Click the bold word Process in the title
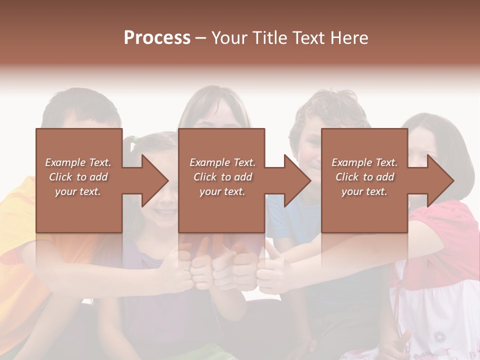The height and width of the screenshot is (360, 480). point(157,38)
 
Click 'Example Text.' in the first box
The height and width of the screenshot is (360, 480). point(78,162)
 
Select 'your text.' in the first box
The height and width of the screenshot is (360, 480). point(78,191)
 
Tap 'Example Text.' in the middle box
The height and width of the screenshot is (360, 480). point(222,162)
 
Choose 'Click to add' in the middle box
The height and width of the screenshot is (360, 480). point(222,177)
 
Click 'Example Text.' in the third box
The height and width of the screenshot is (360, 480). point(364,162)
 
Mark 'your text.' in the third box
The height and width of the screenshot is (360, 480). point(364,191)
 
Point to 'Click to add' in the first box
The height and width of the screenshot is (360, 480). point(78,177)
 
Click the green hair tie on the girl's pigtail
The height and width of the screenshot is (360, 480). point(133,145)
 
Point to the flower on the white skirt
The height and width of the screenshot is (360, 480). point(440,335)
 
